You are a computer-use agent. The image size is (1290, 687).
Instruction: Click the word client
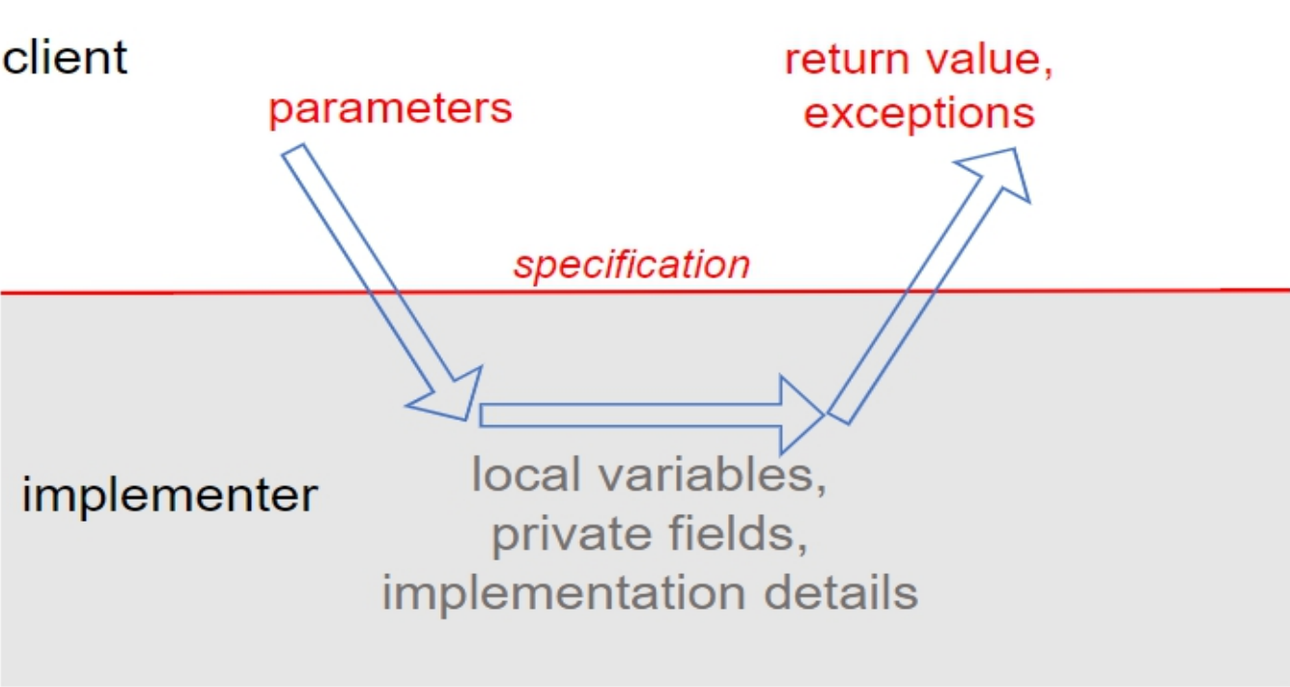point(64,58)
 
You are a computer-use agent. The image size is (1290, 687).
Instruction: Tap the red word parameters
point(390,109)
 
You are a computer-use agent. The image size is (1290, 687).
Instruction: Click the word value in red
point(985,60)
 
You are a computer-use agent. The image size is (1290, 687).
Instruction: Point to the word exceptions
point(919,114)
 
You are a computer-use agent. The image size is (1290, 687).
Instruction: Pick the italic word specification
point(631,265)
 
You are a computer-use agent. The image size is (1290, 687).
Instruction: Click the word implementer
point(169,496)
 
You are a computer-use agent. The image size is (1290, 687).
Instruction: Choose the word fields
point(739,534)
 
